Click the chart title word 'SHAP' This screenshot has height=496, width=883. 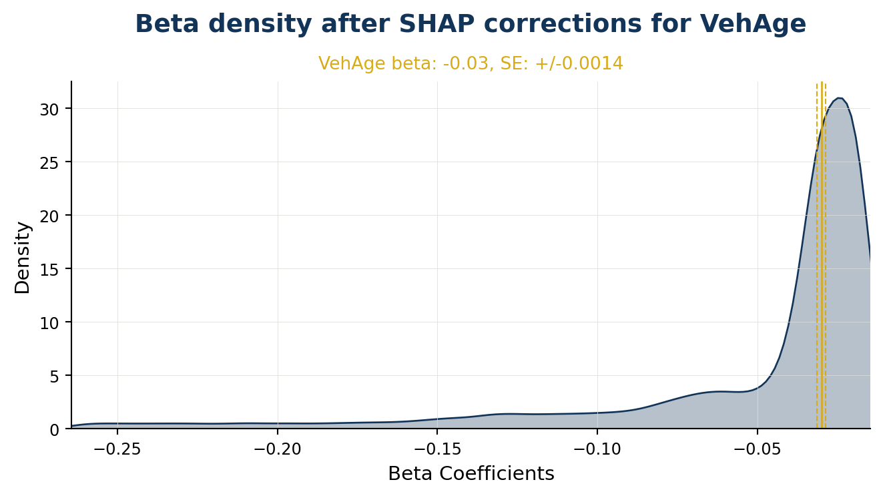436,23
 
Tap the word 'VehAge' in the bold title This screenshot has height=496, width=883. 753,25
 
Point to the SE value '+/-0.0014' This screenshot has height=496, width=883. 579,63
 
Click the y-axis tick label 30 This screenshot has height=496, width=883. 49,109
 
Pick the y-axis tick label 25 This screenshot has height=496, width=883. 49,163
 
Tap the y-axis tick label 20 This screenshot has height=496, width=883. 49,216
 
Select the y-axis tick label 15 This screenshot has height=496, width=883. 49,270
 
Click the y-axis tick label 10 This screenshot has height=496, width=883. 49,323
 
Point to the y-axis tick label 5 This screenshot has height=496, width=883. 55,377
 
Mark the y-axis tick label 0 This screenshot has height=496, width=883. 55,430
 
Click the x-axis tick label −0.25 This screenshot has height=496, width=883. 117,449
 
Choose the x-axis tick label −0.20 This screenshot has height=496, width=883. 278,449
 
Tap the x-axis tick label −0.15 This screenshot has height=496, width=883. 437,449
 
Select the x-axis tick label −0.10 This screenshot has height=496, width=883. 597,449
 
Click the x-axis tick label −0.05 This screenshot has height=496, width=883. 758,449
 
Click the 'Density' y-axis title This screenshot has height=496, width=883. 22,258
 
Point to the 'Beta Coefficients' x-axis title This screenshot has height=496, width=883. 471,473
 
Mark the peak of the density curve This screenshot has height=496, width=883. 840,97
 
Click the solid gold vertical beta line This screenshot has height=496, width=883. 822,255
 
